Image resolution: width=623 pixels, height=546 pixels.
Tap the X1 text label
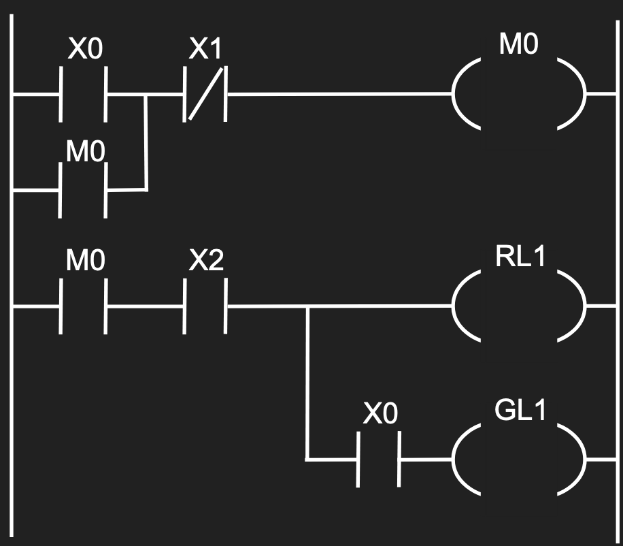tap(205, 50)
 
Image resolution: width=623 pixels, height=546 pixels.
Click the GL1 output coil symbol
tap(519, 460)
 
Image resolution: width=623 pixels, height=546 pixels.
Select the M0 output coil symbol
tap(519, 94)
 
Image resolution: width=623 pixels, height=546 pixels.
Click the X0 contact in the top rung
tap(84, 94)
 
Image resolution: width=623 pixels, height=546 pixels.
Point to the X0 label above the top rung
tap(85, 50)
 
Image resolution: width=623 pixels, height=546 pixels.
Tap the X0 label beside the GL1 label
tap(380, 415)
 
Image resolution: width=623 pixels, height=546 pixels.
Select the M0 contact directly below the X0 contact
tap(84, 191)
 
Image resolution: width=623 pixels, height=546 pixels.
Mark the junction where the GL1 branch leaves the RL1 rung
tap(307, 306)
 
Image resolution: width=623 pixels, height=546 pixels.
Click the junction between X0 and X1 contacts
tap(146, 95)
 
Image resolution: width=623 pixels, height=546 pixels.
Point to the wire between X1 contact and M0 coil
tap(340, 94)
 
